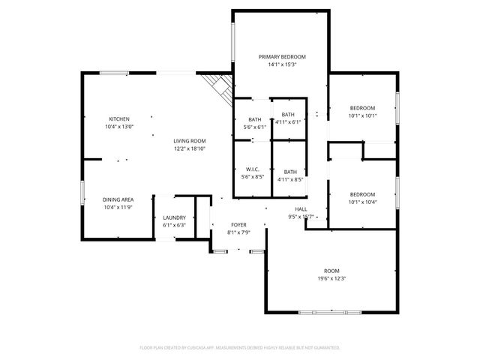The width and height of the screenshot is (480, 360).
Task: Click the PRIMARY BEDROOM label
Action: pyautogui.click(x=282, y=57)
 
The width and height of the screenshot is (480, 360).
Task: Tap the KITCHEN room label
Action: pyautogui.click(x=119, y=119)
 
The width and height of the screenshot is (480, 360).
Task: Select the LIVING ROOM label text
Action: pyautogui.click(x=190, y=141)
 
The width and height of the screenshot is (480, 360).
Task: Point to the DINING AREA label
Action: pyautogui.click(x=118, y=199)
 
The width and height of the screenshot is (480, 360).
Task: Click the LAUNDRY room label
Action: pyautogui.click(x=174, y=217)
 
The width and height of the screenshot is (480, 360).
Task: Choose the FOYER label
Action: pyautogui.click(x=238, y=225)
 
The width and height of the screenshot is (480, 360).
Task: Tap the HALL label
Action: pyautogui.click(x=301, y=209)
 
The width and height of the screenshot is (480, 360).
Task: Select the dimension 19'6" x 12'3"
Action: pyautogui.click(x=331, y=278)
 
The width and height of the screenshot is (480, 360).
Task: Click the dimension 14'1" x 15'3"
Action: pyautogui.click(x=282, y=64)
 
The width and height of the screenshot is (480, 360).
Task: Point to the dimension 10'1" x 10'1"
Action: pyautogui.click(x=362, y=116)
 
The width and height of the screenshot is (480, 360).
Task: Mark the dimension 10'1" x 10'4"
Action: pyautogui.click(x=362, y=202)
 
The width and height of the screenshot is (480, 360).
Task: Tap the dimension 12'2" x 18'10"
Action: pyautogui.click(x=190, y=148)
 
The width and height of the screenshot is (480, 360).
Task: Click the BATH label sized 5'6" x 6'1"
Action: pyautogui.click(x=255, y=120)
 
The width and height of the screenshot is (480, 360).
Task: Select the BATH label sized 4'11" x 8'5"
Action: pyautogui.click(x=289, y=172)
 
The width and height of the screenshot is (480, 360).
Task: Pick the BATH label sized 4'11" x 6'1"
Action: pyautogui.click(x=289, y=114)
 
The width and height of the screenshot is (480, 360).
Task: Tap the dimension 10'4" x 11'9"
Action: pyautogui.click(x=118, y=207)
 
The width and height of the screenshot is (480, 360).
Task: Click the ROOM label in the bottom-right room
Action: pyautogui.click(x=331, y=271)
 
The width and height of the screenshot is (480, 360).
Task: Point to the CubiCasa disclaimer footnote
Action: pyautogui.click(x=240, y=348)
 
